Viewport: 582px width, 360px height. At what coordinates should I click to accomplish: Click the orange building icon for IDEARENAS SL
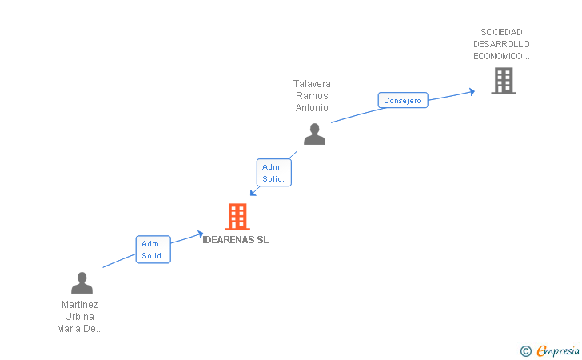tap(237, 216)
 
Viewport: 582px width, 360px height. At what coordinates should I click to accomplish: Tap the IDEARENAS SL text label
tap(236, 240)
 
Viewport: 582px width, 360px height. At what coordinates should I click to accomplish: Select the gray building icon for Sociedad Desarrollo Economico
tap(503, 81)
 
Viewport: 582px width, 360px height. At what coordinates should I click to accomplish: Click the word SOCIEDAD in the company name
tap(501, 32)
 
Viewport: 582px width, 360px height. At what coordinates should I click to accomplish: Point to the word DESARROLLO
tap(501, 44)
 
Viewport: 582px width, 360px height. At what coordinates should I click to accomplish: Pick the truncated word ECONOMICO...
tap(501, 56)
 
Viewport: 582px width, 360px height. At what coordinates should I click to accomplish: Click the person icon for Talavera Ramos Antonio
tap(314, 134)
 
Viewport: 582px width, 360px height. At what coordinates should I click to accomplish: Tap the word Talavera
tap(312, 83)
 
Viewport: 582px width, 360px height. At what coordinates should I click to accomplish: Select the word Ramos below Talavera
tap(312, 95)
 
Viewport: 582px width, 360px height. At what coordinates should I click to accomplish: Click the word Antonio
tap(312, 107)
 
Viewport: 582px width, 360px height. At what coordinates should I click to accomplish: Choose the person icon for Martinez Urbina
tap(82, 282)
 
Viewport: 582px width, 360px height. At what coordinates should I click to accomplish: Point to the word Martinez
tap(80, 305)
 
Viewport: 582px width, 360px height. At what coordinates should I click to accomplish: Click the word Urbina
tap(80, 317)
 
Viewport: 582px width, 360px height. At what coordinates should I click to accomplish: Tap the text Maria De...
tap(80, 329)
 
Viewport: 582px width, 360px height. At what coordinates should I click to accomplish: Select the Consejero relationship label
tap(402, 100)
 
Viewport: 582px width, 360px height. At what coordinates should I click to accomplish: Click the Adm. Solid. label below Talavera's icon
tap(273, 173)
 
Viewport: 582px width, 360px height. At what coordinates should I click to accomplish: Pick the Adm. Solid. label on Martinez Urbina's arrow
tap(153, 250)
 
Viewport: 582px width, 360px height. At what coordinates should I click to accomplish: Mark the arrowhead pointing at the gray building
tap(472, 91)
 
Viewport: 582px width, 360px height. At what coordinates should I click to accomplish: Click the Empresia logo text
tap(558, 350)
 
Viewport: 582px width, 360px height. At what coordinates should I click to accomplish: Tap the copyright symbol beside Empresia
tap(525, 350)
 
